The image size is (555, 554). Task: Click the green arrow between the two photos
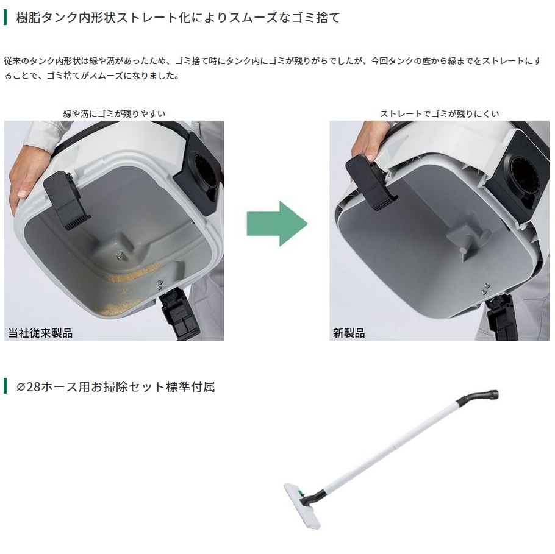[277, 224]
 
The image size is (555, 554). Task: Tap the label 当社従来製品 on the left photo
[40, 333]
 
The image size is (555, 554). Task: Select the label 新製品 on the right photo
[349, 333]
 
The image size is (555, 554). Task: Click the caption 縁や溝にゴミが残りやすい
[114, 113]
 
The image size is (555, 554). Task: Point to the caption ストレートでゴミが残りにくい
[439, 113]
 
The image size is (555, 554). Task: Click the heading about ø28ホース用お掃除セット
[116, 386]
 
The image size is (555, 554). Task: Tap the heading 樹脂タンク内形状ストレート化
[178, 17]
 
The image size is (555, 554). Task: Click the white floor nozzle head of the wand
[302, 506]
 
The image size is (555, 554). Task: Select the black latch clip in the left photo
[65, 200]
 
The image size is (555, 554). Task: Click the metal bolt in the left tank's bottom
[120, 254]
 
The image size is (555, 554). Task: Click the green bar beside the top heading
[5, 17]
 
